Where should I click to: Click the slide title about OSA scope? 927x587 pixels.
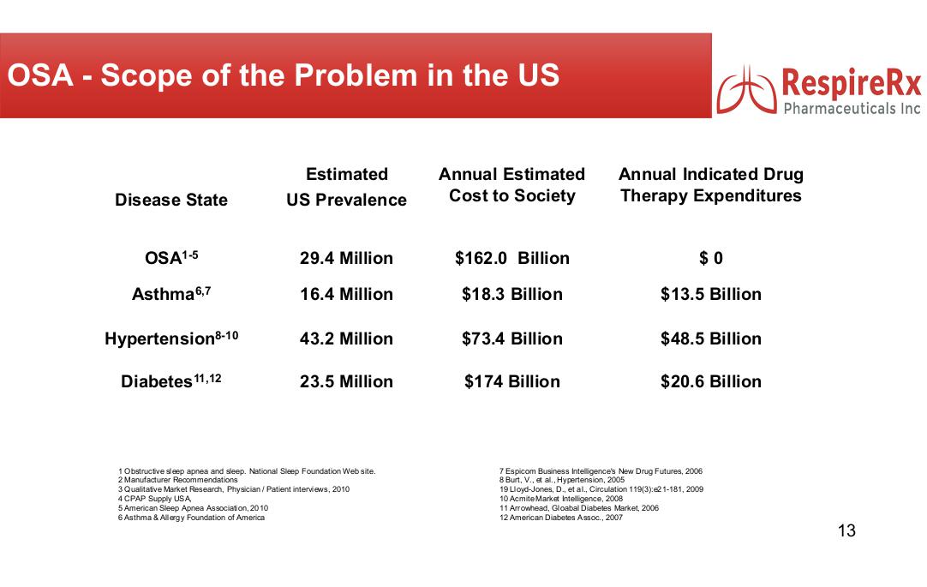(284, 75)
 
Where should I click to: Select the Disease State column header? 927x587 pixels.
(171, 200)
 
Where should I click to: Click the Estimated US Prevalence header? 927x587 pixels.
(346, 187)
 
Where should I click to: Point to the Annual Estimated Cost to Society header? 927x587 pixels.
(511, 185)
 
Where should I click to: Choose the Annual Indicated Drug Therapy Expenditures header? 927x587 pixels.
(711, 185)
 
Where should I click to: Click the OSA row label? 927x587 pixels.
(171, 258)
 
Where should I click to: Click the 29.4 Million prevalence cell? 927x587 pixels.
(346, 258)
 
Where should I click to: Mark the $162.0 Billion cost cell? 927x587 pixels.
(511, 258)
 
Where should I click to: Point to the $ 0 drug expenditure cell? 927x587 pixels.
(711, 258)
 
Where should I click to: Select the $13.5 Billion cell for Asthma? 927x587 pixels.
(711, 294)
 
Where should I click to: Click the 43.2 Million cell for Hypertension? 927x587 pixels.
(346, 338)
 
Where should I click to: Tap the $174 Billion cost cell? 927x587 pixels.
(511, 381)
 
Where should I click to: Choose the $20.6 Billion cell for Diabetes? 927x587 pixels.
(711, 381)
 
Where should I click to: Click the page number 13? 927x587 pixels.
(846, 531)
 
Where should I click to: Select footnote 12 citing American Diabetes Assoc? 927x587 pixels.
(561, 518)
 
